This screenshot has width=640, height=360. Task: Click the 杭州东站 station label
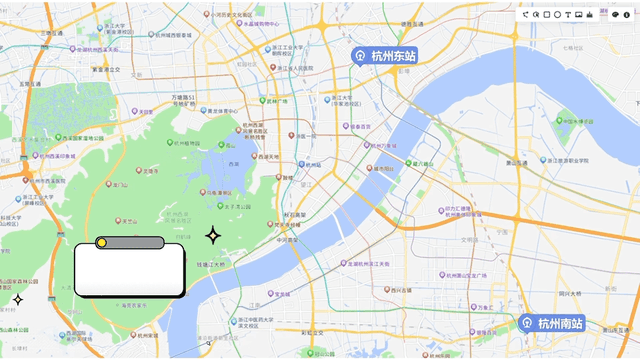click(392, 56)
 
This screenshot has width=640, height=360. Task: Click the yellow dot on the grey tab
click(101, 242)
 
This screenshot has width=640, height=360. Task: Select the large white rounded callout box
click(130, 271)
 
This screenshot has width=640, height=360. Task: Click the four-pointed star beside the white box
click(213, 236)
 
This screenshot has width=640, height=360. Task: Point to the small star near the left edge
click(17, 299)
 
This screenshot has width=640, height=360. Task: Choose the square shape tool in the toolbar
click(547, 14)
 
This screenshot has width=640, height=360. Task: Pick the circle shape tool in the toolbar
click(558, 14)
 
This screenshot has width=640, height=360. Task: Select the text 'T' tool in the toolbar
click(568, 14)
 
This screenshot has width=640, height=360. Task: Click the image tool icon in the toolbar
click(579, 14)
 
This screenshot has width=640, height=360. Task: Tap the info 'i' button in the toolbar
click(627, 14)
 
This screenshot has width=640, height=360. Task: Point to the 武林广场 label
click(276, 100)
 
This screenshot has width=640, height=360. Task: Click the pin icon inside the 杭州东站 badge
click(360, 56)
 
